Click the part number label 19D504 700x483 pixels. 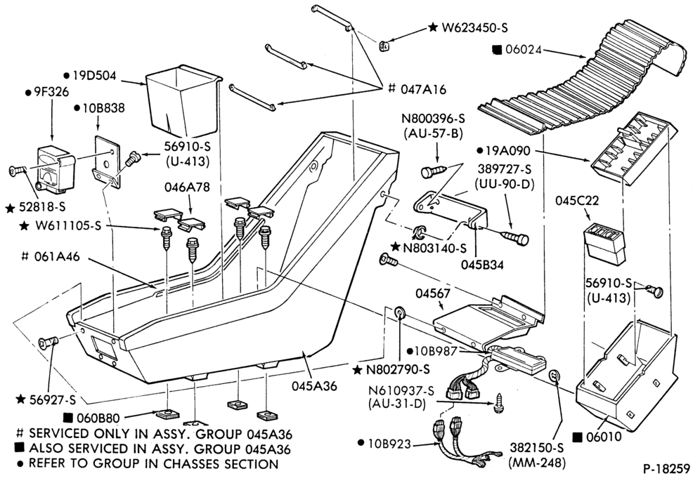click(94, 76)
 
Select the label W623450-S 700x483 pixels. click(475, 27)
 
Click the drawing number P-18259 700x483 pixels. click(666, 469)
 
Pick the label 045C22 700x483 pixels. click(577, 201)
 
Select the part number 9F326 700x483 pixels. click(51, 92)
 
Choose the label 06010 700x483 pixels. click(604, 437)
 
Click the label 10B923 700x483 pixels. click(389, 444)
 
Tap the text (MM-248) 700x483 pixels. click(537, 463)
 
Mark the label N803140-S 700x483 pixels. click(434, 248)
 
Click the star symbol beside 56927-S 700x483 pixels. click(20, 399)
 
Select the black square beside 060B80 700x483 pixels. click(68, 418)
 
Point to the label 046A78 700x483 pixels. click(187, 187)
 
